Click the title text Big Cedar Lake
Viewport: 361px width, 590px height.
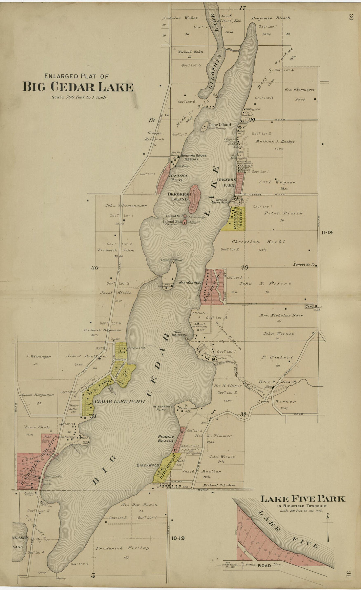(x=78, y=87)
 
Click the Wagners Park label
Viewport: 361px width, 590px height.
(x=229, y=182)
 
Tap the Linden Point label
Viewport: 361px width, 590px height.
(x=171, y=260)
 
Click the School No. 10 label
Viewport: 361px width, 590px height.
(x=304, y=265)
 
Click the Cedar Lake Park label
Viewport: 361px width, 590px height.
(x=119, y=402)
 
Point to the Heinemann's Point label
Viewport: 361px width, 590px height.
(x=163, y=408)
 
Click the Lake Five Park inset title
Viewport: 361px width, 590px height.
(x=303, y=499)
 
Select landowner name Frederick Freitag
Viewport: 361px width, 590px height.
(x=122, y=548)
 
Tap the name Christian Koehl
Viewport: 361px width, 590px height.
(x=258, y=242)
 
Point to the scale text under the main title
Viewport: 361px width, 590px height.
(x=79, y=97)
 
